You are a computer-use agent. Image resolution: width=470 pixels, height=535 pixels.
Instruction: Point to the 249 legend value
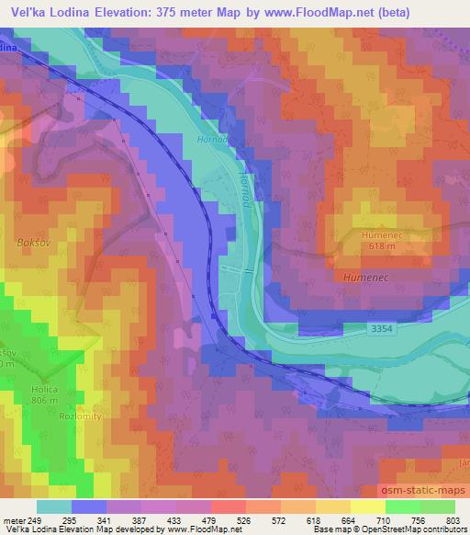click(x=37, y=520)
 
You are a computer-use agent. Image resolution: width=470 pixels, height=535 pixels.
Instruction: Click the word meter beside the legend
click(x=14, y=520)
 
